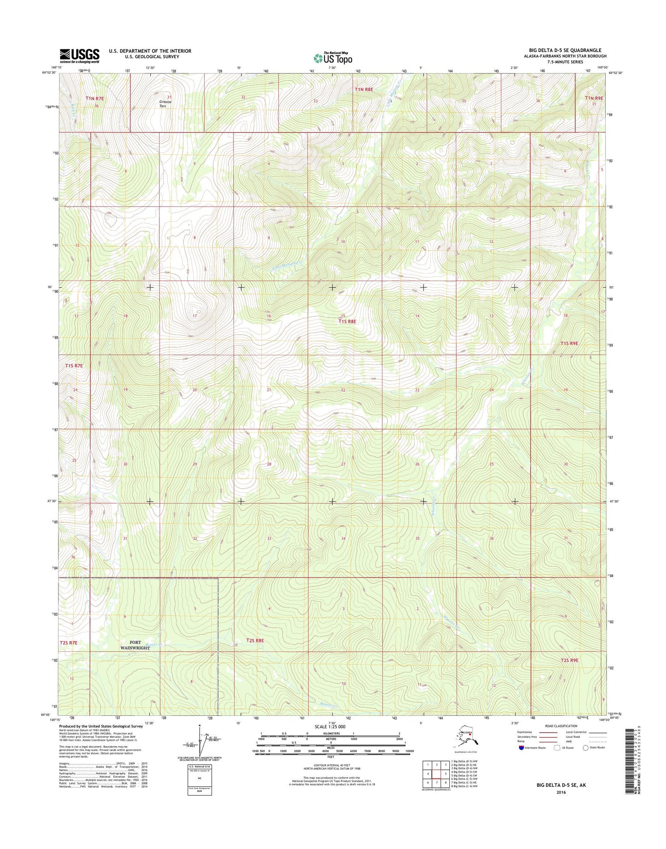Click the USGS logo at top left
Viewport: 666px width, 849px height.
coord(79,56)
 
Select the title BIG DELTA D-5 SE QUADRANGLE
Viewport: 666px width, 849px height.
coord(562,50)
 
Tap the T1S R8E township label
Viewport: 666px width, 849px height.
coord(348,322)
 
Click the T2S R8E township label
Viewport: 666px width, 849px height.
coord(255,640)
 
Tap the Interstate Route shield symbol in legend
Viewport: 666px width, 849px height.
coord(521,748)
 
